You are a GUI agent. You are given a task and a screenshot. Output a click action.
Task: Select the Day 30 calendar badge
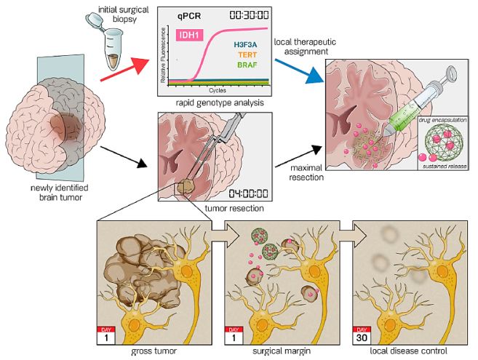tap(361, 334)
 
